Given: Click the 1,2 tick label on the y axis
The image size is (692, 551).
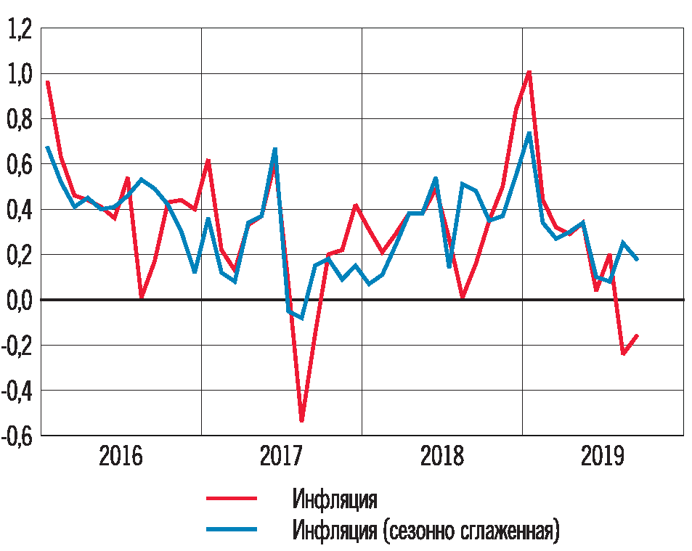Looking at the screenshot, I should [x=20, y=30].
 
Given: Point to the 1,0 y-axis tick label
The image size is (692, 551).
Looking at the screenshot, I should [x=20, y=75].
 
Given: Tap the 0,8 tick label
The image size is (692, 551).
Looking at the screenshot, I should [x=20, y=120].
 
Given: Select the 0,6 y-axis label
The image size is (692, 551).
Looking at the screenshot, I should [x=20, y=166].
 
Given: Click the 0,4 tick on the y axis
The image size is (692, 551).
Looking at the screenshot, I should [x=20, y=211].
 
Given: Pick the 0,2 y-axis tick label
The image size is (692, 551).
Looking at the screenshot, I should [x=20, y=256].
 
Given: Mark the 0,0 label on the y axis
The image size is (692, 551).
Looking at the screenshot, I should [x=20, y=301].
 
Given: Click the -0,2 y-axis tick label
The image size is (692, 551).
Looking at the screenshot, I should [x=17, y=346].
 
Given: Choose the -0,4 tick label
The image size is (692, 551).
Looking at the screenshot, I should [x=17, y=391].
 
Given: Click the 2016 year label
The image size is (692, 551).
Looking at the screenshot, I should [x=121, y=457].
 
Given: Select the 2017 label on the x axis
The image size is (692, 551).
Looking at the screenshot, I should [x=282, y=457].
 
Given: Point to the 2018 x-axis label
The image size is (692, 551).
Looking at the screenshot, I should [x=442, y=457].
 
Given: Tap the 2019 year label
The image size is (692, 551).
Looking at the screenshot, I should [x=603, y=457].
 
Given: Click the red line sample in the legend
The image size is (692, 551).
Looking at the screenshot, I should [x=232, y=499].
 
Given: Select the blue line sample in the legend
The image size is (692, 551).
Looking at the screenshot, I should [x=232, y=531].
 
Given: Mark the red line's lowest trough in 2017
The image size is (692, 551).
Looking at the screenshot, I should [x=301, y=420].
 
